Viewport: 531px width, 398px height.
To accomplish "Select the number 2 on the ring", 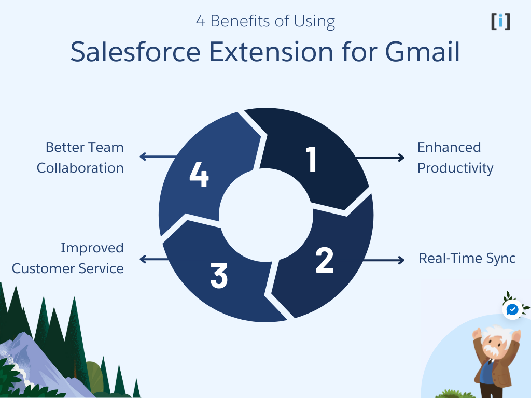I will pyautogui.click(x=325, y=260).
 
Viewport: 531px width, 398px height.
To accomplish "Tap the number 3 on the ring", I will pyautogui.click(x=219, y=276).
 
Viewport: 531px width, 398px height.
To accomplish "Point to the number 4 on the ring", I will pyautogui.click(x=199, y=175).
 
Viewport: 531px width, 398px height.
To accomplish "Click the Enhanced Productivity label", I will pyautogui.click(x=455, y=158).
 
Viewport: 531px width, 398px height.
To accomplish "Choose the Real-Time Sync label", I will pyautogui.click(x=467, y=258).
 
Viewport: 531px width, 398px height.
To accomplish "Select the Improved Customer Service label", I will pyautogui.click(x=68, y=258).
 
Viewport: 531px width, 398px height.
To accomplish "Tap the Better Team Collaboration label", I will pyautogui.click(x=80, y=158).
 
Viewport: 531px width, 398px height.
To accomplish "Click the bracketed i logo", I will pyautogui.click(x=500, y=21).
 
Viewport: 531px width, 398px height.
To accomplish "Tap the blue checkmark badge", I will pyautogui.click(x=512, y=310).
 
